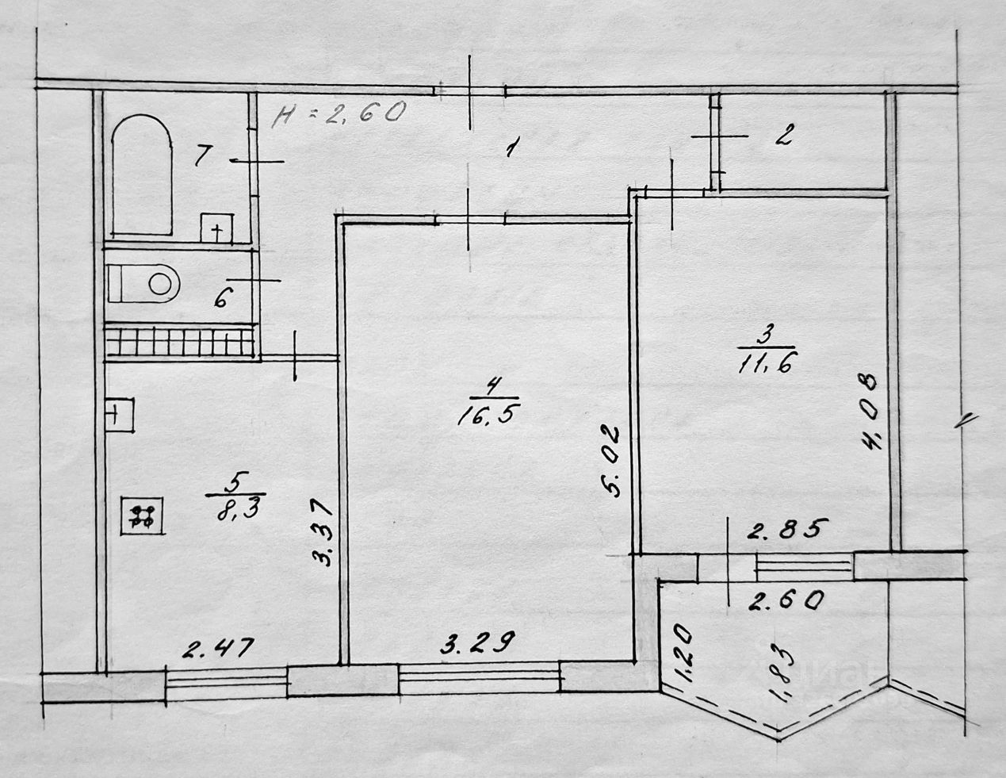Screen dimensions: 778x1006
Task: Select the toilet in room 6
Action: (146, 283)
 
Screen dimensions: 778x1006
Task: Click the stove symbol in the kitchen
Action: (143, 516)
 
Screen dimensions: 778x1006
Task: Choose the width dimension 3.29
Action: (472, 641)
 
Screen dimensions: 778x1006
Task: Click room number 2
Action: (782, 136)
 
